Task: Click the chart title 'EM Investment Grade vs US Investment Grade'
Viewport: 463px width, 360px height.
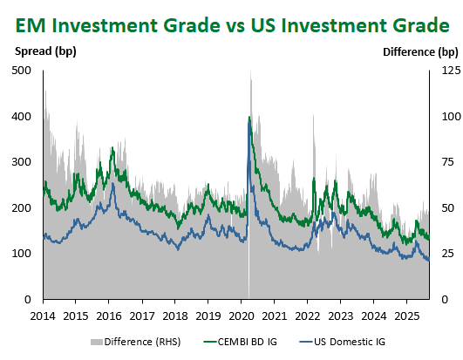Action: coord(233,25)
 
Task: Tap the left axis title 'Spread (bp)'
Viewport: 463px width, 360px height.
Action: coord(45,51)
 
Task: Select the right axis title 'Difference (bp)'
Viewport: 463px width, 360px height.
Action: coord(420,52)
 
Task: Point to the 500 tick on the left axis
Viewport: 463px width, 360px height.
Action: coord(21,71)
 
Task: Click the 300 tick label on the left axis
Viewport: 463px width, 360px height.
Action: coord(21,162)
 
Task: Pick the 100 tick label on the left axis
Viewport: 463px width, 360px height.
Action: coord(21,253)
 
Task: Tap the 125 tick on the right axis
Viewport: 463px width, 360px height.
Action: coord(451,71)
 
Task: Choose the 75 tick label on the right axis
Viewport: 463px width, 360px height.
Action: coord(447,162)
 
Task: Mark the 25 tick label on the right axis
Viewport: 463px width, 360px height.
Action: coord(447,253)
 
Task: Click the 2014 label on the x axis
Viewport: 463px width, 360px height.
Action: coord(43,316)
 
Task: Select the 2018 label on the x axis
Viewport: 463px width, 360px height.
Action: coord(175,316)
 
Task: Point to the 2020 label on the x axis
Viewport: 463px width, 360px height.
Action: coord(242,316)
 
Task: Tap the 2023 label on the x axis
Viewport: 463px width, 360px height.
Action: coord(341,316)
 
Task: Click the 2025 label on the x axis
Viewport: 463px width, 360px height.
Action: coord(407,316)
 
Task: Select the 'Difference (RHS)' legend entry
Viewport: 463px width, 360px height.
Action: coord(135,342)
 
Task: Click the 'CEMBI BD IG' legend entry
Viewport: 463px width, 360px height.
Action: coord(241,342)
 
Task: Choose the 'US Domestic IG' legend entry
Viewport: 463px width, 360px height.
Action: coord(343,342)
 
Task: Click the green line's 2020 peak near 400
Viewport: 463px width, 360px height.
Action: coord(249,117)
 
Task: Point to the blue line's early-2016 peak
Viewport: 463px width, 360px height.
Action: coord(113,184)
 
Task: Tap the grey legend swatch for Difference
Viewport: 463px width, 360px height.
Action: coord(96,342)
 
